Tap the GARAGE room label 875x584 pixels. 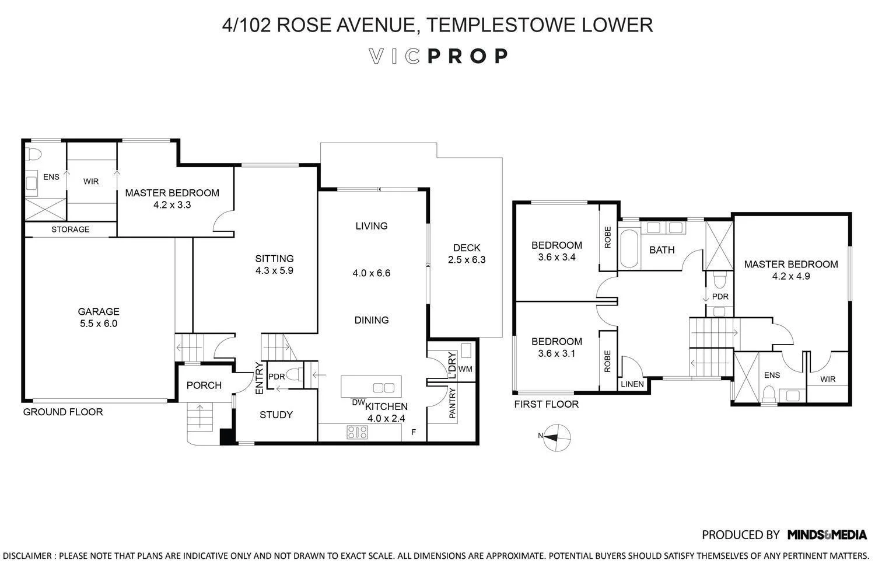coord(99,311)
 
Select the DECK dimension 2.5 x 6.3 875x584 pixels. coord(467,260)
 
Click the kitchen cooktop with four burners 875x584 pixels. coord(358,432)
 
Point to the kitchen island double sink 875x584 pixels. coord(383,387)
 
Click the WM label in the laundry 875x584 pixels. coord(465,369)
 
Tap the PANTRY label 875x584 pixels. coord(452,404)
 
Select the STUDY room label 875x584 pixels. coord(276,415)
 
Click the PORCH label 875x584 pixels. coord(204,385)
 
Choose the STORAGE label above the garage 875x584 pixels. coord(70,230)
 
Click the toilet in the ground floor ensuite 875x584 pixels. coord(34,155)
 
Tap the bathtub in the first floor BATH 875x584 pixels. coord(629,249)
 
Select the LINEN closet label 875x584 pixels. coord(632,384)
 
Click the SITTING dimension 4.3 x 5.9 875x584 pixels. coord(274,270)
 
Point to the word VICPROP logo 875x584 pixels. coord(439,56)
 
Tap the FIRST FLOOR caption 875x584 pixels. coord(546,404)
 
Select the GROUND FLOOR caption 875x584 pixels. coord(62,412)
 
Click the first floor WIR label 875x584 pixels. coord(827,379)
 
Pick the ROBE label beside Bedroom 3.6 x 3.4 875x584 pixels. coord(608,237)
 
